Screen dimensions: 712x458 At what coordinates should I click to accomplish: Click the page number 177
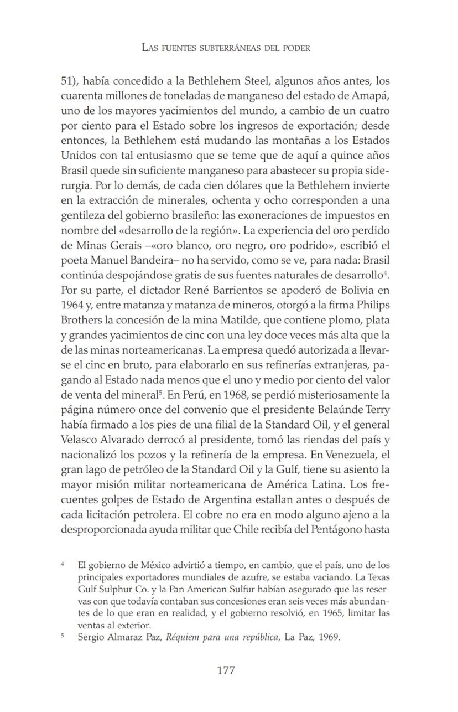tap(226, 670)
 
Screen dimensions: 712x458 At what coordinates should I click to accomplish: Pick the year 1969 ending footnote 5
tap(329, 637)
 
